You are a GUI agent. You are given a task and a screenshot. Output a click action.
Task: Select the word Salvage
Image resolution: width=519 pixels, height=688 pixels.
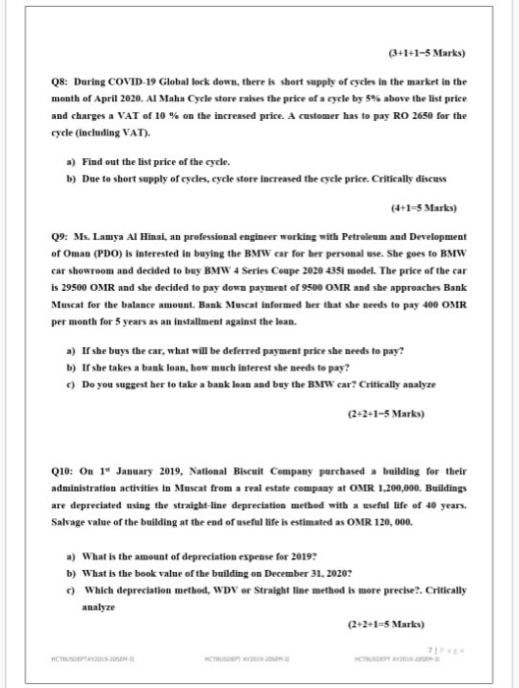71,504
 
